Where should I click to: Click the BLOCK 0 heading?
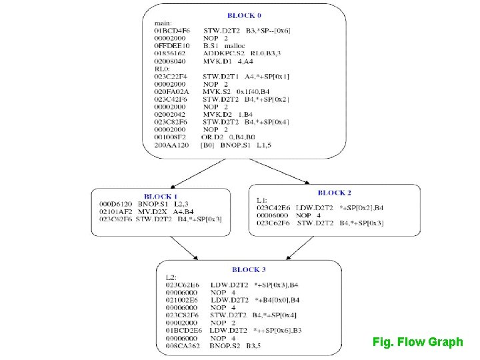pos(244,15)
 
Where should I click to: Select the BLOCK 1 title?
pos(161,197)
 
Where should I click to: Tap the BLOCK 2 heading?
pos(335,193)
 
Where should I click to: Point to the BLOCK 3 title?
pos(249,270)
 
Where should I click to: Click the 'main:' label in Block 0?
pos(163,23)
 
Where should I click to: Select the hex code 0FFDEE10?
pos(172,46)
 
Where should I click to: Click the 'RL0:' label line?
pos(162,69)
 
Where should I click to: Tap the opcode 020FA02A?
pos(172,91)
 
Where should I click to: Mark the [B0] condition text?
pos(208,145)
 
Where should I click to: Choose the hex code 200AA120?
pos(171,145)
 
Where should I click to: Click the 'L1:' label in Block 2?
pos(262,200)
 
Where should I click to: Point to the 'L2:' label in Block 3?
pos(171,277)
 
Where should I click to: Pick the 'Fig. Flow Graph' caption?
pos(417,342)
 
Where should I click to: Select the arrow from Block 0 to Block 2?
pos(291,172)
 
